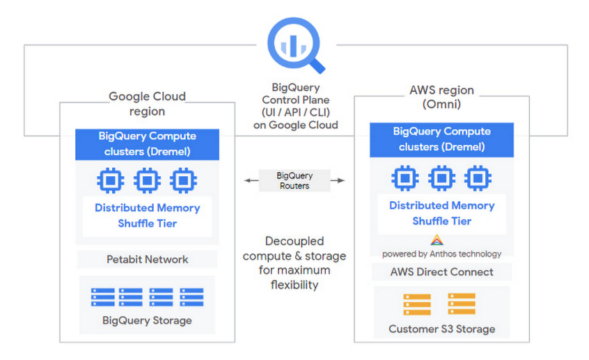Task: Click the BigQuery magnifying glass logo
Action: [295, 45]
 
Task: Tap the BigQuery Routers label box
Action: [294, 181]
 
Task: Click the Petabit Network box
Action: [147, 260]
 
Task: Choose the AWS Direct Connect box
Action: [441, 272]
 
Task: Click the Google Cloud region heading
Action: [147, 104]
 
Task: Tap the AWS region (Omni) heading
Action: [441, 97]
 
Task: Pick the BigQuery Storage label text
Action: [147, 321]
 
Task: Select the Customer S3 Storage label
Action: [441, 329]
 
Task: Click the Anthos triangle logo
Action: [437, 241]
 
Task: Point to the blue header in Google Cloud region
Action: [147, 144]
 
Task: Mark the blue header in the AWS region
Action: [441, 139]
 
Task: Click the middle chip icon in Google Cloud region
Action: [147, 180]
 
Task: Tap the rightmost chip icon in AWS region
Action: [478, 178]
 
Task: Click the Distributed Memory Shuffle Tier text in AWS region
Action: [441, 213]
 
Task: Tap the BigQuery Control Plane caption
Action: [295, 107]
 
